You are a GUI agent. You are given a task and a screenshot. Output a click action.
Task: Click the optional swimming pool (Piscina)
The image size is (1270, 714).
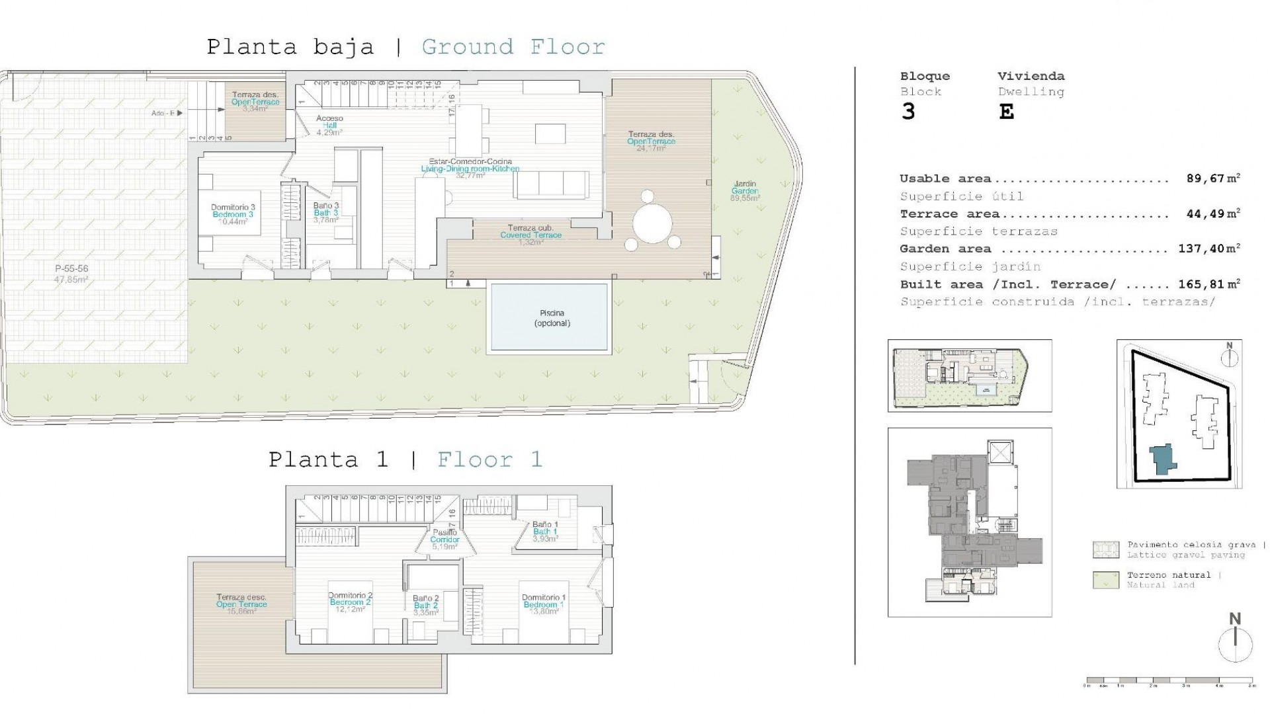pyautogui.click(x=548, y=317)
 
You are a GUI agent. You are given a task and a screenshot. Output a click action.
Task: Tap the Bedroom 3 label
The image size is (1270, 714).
pyautogui.click(x=233, y=214)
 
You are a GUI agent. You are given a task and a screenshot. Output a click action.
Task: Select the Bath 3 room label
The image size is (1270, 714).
pyautogui.click(x=326, y=213)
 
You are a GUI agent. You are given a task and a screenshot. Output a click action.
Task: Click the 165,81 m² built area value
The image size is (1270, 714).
pyautogui.click(x=1208, y=284)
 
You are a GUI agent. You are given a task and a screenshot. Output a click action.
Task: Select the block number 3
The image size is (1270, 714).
pyautogui.click(x=908, y=112)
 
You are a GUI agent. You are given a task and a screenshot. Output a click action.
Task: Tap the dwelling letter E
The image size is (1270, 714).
pyautogui.click(x=1005, y=112)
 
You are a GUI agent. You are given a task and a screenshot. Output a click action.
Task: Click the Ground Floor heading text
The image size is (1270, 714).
pyautogui.click(x=513, y=47)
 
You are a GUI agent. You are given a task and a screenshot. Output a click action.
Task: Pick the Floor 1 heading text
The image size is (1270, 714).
pyautogui.click(x=489, y=459)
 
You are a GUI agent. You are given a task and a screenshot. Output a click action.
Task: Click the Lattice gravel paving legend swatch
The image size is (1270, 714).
pyautogui.click(x=1105, y=549)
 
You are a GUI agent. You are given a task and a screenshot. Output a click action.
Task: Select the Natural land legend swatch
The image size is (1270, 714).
pyautogui.click(x=1105, y=580)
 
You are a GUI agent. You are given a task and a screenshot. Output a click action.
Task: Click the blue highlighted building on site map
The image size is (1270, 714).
pyautogui.click(x=1162, y=459)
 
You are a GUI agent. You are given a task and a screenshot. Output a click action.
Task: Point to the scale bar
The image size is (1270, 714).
pyautogui.click(x=1169, y=680)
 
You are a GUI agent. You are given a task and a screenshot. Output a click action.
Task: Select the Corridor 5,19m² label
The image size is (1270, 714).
pyautogui.click(x=444, y=539)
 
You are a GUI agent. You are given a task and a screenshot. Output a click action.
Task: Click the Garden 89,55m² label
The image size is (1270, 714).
pyautogui.click(x=745, y=191)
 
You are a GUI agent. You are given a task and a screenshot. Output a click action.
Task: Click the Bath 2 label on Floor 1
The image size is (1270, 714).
pyautogui.click(x=426, y=605)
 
